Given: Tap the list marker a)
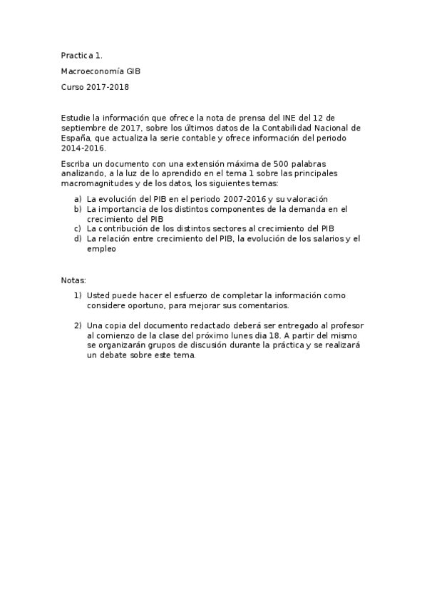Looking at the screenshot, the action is (78, 199).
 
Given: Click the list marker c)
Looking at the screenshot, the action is (78, 228).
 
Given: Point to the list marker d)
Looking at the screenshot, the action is (78, 238).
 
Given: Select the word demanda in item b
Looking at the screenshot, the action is (310, 209).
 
